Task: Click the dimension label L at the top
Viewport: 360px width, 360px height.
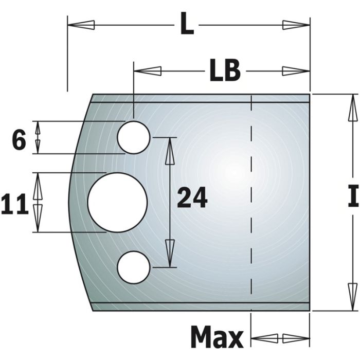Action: [187, 25]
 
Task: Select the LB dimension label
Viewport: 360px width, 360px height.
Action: [225, 71]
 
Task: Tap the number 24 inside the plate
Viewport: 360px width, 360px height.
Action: [192, 197]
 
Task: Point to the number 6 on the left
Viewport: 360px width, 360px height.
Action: [19, 140]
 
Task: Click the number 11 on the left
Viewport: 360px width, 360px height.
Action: [15, 204]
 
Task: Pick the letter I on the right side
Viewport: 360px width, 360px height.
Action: [353, 197]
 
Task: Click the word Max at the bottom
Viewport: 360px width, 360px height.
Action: [217, 338]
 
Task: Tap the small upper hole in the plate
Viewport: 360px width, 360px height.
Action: [134, 137]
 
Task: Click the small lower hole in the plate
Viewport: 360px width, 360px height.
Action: [134, 267]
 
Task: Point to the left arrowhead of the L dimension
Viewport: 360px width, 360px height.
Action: [81, 24]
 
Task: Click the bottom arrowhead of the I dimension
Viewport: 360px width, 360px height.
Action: [352, 297]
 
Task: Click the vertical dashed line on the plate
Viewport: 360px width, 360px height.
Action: [250, 206]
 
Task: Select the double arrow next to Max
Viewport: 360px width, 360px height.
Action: [280, 338]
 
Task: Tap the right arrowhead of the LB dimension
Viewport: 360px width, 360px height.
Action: [296, 71]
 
